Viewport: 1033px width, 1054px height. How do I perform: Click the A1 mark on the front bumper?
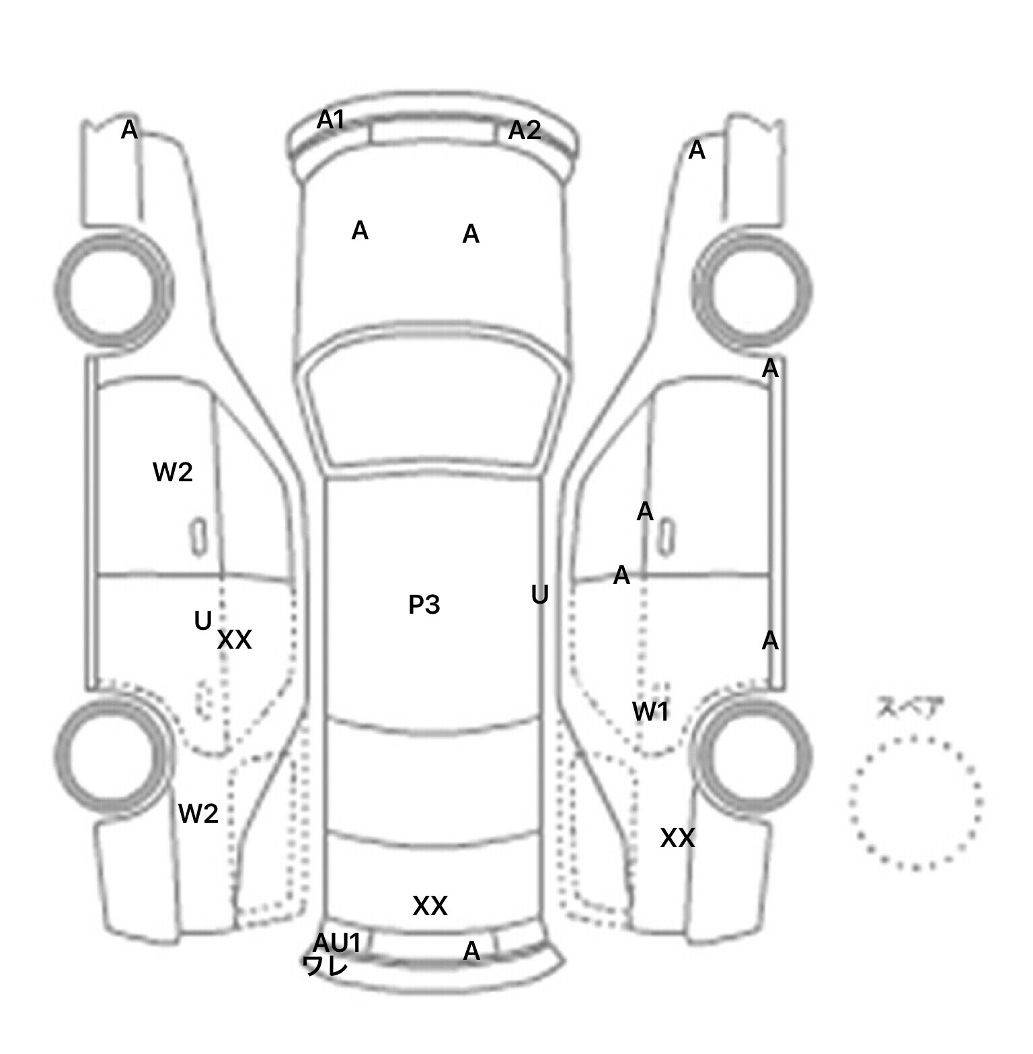(x=330, y=120)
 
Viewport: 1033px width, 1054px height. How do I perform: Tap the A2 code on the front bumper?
(x=524, y=130)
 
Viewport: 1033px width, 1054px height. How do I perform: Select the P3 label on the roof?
(x=424, y=605)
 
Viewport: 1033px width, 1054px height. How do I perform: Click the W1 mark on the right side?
(x=650, y=711)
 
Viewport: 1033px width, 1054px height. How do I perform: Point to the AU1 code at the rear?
(x=337, y=943)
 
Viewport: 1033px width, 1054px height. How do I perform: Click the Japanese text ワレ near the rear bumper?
(x=326, y=966)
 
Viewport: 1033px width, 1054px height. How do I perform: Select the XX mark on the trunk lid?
(x=430, y=906)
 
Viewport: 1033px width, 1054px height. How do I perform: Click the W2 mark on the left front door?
(x=173, y=472)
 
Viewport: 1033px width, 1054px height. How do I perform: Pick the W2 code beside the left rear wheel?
(x=198, y=814)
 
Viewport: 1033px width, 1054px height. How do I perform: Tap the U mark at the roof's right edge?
(x=539, y=595)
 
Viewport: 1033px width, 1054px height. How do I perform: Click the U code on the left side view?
(x=202, y=620)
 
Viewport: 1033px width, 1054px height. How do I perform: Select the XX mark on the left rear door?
(x=234, y=640)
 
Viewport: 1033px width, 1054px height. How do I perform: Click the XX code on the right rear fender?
(x=677, y=838)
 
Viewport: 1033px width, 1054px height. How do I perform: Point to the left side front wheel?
(x=114, y=290)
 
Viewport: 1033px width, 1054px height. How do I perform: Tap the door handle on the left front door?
(x=198, y=537)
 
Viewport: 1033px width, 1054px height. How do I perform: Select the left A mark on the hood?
(x=360, y=231)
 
